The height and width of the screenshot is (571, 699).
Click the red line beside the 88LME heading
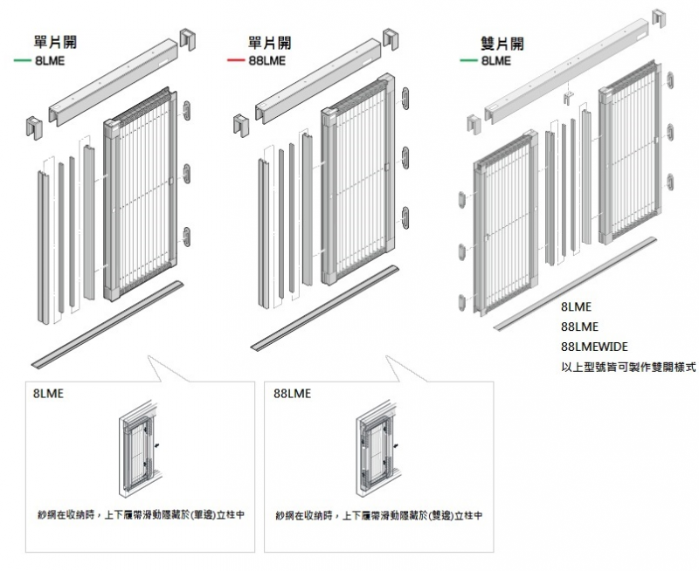click(235, 60)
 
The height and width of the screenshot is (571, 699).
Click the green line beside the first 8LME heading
click(23, 60)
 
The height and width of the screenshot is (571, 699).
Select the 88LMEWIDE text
click(594, 347)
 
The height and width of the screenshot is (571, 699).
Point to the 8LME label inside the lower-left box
click(48, 394)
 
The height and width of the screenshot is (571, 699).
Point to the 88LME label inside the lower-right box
click(292, 394)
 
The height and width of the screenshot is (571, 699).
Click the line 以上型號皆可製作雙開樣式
click(627, 368)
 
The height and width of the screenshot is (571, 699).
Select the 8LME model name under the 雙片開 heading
click(495, 60)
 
